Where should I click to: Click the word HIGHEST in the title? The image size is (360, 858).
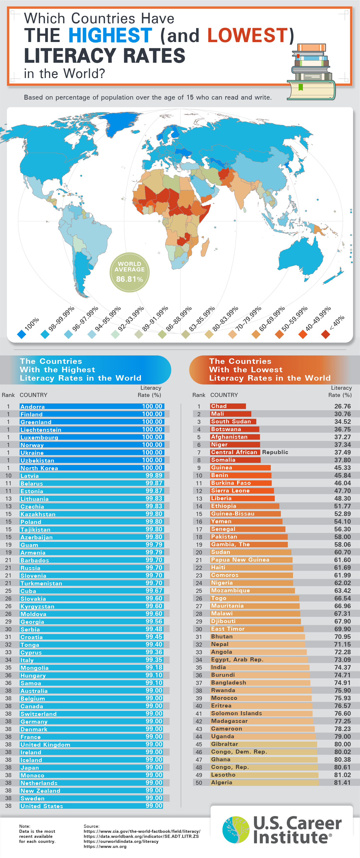pyautogui.click(x=110, y=35)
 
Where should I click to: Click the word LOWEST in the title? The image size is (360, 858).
pyautogui.click(x=247, y=35)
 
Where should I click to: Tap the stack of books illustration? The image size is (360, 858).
pyautogui.click(x=311, y=72)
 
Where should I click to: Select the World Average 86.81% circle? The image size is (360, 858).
pyautogui.click(x=130, y=272)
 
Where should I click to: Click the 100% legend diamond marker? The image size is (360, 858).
pyautogui.click(x=21, y=334)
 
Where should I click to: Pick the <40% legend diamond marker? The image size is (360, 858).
pyautogui.click(x=325, y=334)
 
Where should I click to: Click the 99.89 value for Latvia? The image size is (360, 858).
pyautogui.click(x=154, y=475)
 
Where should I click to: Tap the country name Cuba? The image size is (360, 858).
pyautogui.click(x=28, y=591)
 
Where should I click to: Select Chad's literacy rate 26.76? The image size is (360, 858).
pyautogui.click(x=342, y=406)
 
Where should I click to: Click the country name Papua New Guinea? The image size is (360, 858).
pyautogui.click(x=240, y=560)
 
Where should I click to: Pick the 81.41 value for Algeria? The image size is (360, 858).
pyautogui.click(x=342, y=782)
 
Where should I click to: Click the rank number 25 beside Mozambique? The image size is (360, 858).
pyautogui.click(x=199, y=591)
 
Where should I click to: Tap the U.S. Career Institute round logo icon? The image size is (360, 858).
pyautogui.click(x=236, y=829)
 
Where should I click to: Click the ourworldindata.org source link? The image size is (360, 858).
pyautogui.click(x=121, y=841)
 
